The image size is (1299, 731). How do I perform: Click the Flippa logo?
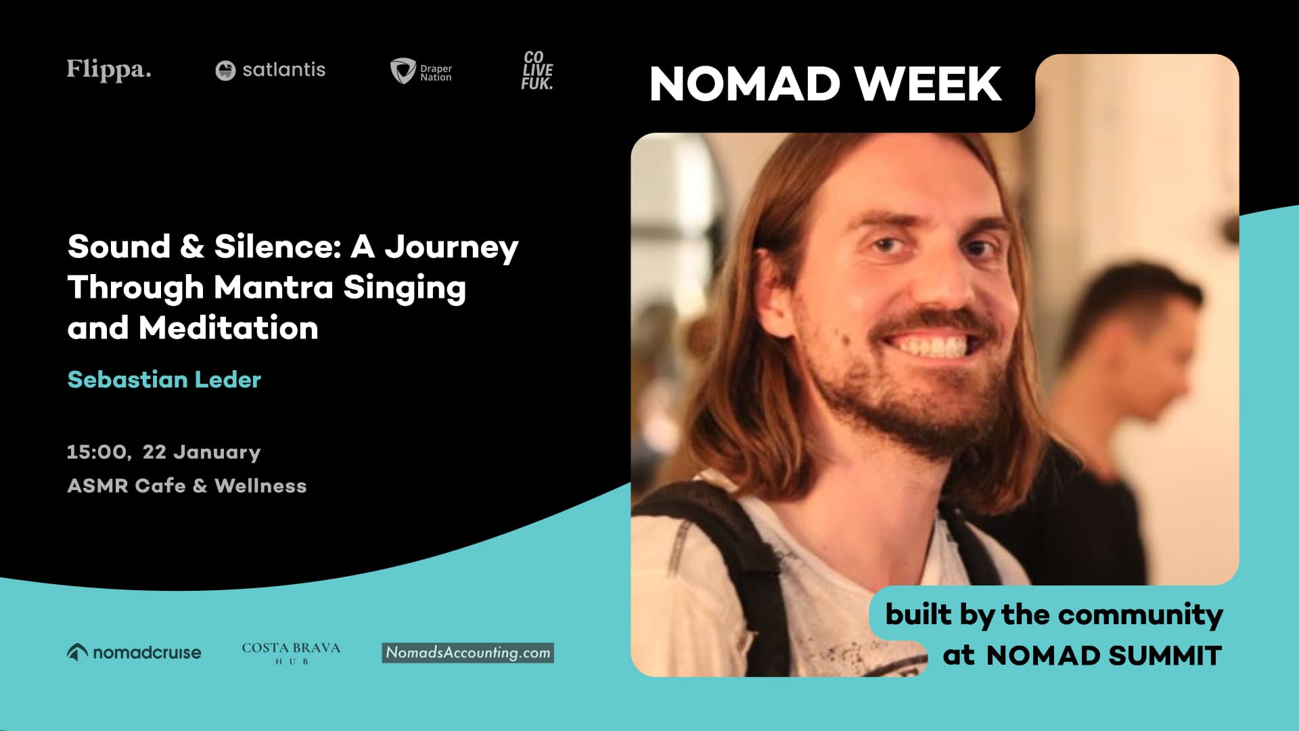(109, 70)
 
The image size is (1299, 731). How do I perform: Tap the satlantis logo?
(271, 70)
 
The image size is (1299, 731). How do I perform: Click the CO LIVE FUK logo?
(537, 70)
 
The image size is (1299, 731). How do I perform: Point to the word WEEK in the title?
(928, 84)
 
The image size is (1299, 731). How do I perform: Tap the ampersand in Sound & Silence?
(192, 246)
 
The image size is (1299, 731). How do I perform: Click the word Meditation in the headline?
(228, 328)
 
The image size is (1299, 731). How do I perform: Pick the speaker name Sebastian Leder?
(164, 380)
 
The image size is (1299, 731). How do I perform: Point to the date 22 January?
(202, 452)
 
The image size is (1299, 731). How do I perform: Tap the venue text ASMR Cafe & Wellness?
(187, 486)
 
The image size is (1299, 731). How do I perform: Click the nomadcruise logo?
(134, 652)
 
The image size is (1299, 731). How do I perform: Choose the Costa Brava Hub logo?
(291, 652)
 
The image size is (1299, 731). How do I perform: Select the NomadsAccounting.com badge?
(468, 652)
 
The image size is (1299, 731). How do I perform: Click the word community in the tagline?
(1140, 615)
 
